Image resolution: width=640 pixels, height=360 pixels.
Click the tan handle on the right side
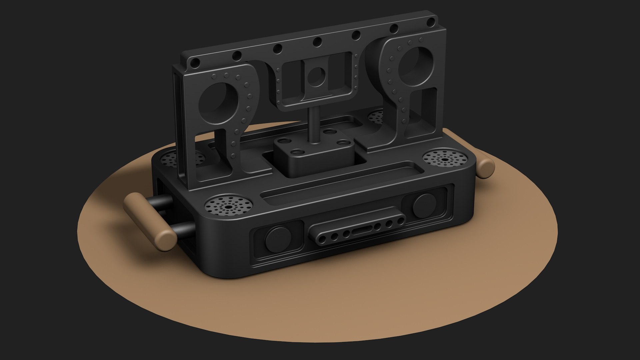(486, 168)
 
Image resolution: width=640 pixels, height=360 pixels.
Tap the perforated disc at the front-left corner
(228, 207)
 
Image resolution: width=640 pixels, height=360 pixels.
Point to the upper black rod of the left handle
(162, 202)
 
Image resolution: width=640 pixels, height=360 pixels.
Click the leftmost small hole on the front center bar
(322, 239)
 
